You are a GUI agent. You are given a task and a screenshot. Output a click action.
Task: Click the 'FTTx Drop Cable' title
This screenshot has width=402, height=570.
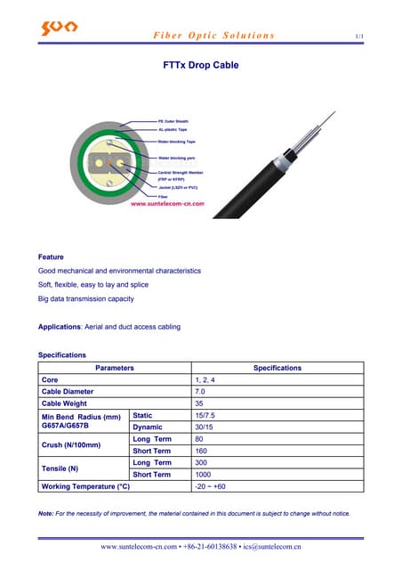(201, 65)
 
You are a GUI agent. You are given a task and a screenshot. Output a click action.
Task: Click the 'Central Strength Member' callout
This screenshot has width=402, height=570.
(181, 172)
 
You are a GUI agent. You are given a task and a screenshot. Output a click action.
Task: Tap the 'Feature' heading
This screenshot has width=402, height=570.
(51, 257)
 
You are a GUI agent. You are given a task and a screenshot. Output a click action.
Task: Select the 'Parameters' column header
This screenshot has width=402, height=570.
(115, 368)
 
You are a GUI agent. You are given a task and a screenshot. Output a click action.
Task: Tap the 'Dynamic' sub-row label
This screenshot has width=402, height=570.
(149, 427)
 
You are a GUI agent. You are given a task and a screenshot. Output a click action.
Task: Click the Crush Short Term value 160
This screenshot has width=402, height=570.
(200, 451)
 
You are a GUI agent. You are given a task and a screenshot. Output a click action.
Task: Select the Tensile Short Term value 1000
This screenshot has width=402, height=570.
(202, 475)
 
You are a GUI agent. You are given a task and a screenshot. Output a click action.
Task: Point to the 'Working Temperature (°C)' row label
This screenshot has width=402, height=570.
(85, 487)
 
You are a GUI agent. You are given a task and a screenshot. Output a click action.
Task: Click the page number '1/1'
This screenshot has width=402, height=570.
(359, 36)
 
